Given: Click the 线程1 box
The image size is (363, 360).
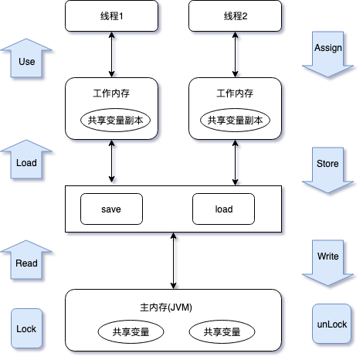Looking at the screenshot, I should click(x=114, y=16).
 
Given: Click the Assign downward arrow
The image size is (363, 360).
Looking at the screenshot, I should click(x=327, y=51).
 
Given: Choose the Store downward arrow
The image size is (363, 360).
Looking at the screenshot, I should click(x=327, y=167).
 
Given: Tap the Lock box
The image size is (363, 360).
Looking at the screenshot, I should click(x=26, y=328).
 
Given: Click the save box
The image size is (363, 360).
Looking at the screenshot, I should click(x=111, y=209).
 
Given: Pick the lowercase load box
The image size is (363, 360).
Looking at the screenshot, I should click(x=224, y=209).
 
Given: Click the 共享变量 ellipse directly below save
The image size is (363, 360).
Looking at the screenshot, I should click(x=130, y=332).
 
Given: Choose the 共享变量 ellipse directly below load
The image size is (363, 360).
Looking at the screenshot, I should click(x=221, y=332).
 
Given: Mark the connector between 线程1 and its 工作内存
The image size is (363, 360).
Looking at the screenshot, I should click(x=114, y=55).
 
